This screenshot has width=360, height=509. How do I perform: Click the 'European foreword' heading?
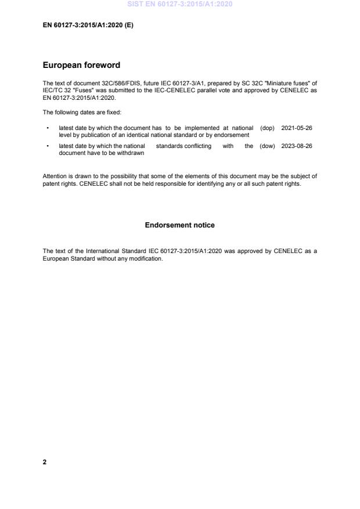click(81, 65)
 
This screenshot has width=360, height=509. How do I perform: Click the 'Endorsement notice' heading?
click(179, 225)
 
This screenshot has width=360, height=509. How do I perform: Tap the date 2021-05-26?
click(297, 128)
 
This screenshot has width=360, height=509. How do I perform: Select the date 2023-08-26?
click(297, 146)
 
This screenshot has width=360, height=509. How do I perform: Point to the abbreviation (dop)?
click(267, 128)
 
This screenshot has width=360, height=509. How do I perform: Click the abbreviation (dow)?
click(267, 146)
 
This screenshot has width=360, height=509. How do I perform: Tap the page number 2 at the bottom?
click(45, 462)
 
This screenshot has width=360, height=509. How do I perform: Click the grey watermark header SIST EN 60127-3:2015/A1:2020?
click(179, 4)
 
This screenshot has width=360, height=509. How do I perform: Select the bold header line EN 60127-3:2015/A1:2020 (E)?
click(88, 26)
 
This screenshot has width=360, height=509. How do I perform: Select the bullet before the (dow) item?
click(47, 146)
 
